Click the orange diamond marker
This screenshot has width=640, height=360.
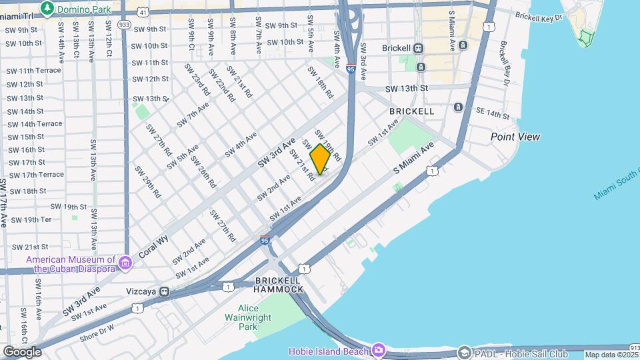tap(321, 159)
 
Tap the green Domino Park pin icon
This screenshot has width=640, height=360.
tap(47, 8)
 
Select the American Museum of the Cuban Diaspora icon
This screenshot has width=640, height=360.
tap(125, 264)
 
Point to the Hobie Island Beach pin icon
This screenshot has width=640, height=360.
tap(379, 349)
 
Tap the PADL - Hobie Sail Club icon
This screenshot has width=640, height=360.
tap(464, 351)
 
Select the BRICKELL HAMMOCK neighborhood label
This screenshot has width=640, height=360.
tap(279, 285)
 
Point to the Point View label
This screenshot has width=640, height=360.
tap(515, 137)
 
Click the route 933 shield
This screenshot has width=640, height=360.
tap(124, 23)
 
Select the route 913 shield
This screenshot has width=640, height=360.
tap(634, 347)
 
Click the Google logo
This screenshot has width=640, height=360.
tap(22, 352)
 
